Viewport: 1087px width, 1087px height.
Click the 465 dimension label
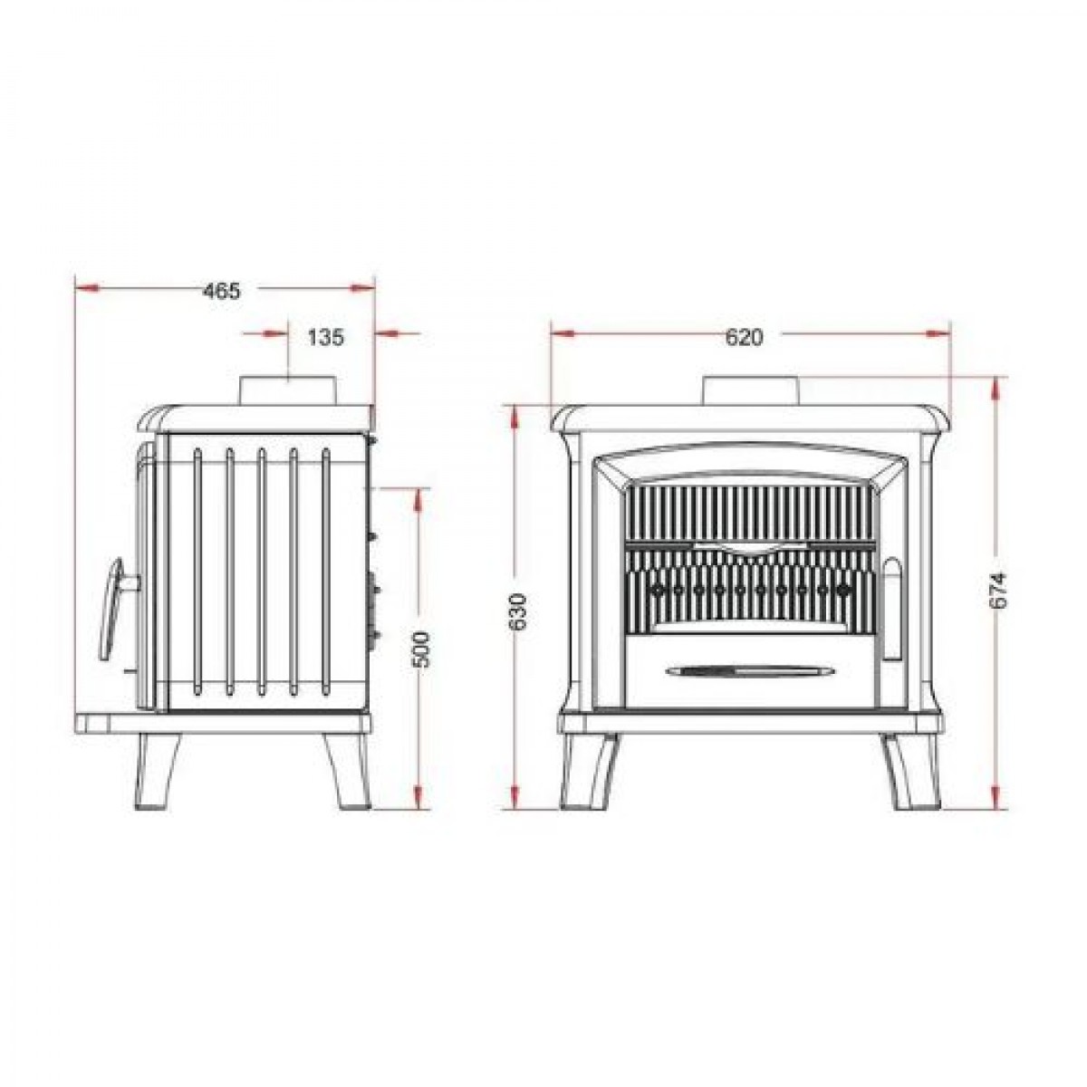click(222, 291)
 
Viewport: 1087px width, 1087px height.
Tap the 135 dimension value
click(325, 337)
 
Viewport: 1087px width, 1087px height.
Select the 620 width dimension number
click(744, 337)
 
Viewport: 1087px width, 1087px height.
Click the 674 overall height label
click(997, 591)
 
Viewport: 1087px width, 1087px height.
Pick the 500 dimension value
click(421, 649)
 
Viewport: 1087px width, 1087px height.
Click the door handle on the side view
click(116, 610)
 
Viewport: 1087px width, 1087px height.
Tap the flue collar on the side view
click(288, 390)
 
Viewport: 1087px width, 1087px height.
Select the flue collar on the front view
click(750, 390)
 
